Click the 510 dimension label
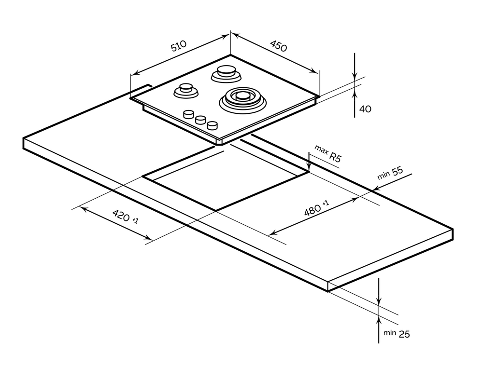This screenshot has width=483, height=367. click(x=179, y=47)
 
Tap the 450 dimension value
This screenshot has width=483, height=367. click(x=278, y=46)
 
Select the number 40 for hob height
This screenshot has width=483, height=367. click(x=365, y=109)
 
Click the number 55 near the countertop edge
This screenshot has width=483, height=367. click(x=397, y=172)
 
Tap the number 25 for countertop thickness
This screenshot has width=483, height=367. click(x=404, y=333)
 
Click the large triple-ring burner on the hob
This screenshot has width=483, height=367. click(x=242, y=98)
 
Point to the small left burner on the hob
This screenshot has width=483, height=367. click(x=185, y=89)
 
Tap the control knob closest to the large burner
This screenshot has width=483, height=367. click(x=212, y=125)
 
